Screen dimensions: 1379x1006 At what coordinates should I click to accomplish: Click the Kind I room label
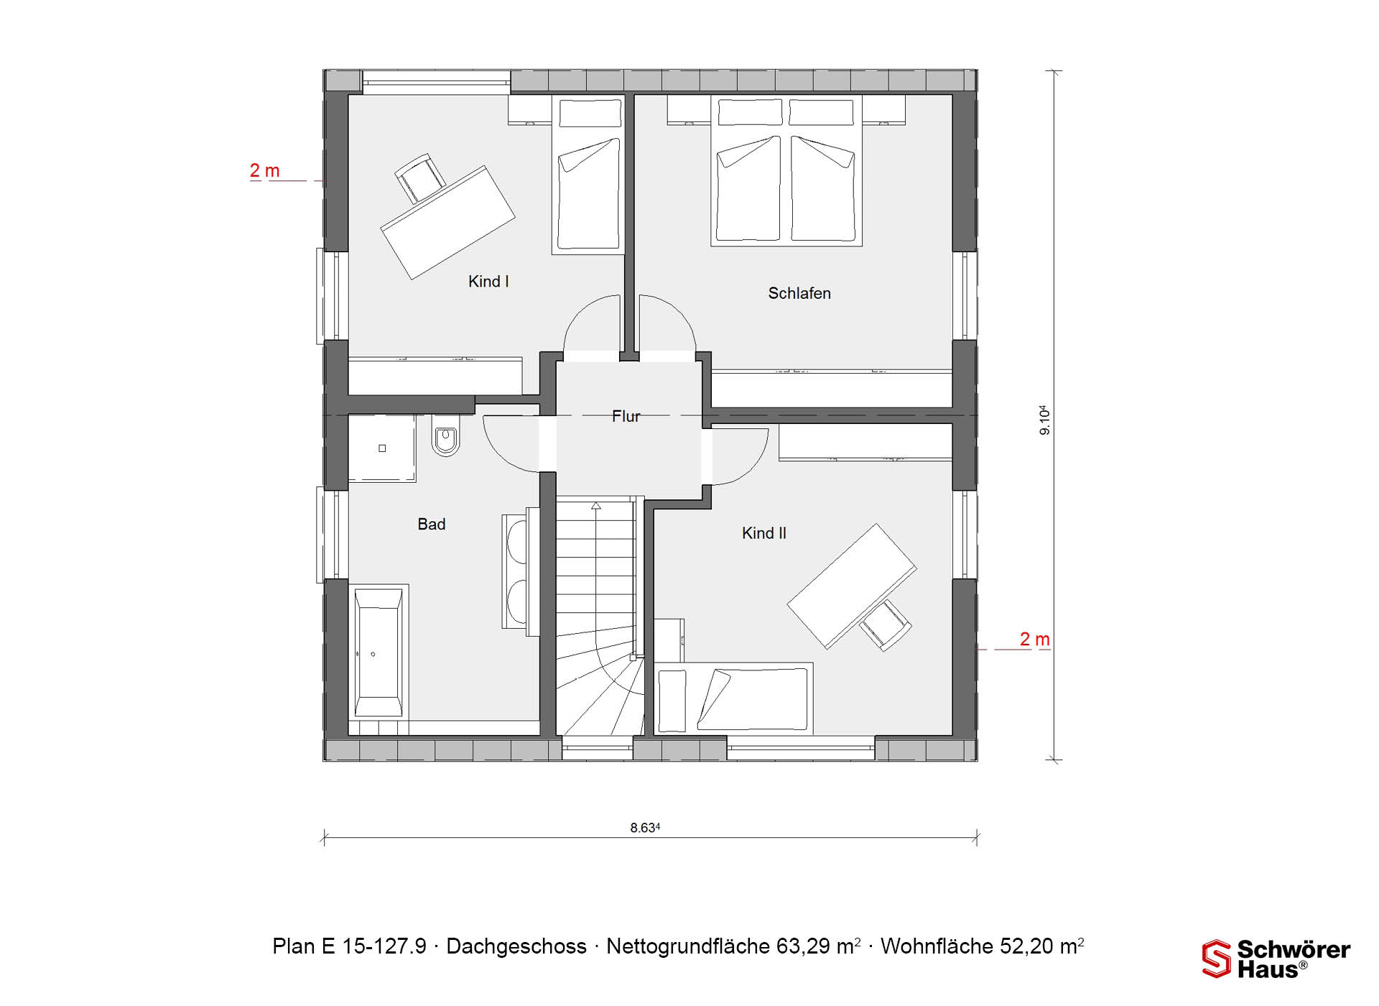(x=488, y=282)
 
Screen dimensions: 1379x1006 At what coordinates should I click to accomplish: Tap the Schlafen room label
(x=799, y=293)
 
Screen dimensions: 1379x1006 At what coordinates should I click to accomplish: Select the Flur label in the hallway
(x=626, y=416)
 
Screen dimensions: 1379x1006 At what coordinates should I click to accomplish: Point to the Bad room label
(x=432, y=525)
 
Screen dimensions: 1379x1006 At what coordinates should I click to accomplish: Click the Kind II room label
(x=764, y=533)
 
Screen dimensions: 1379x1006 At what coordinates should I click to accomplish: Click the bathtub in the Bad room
(x=379, y=652)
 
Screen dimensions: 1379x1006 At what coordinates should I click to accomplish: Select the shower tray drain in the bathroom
(x=382, y=448)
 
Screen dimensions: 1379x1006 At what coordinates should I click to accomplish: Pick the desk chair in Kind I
(x=420, y=177)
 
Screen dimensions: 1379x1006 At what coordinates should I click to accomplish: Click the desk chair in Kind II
(x=886, y=624)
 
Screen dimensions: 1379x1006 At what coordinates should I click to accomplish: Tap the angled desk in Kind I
(x=447, y=222)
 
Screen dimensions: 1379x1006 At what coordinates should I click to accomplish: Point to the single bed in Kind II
(x=733, y=698)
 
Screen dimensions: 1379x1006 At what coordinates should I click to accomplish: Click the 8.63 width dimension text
(x=645, y=828)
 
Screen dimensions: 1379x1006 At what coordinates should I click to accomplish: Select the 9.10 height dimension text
(x=1045, y=420)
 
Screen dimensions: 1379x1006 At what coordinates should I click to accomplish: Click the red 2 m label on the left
(x=264, y=171)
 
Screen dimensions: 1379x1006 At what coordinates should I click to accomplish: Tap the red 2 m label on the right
(x=1035, y=639)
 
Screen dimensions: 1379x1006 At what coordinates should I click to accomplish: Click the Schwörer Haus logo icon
(x=1217, y=959)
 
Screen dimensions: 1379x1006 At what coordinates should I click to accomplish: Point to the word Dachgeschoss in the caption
(x=516, y=946)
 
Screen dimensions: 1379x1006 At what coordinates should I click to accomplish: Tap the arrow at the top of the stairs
(x=595, y=506)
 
